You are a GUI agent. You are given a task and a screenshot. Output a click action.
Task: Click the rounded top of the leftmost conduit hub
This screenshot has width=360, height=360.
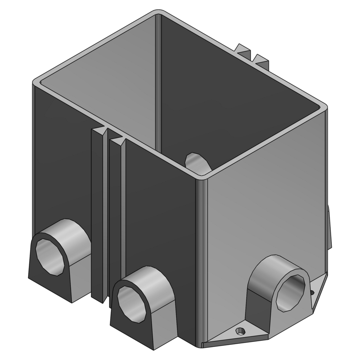[67, 230]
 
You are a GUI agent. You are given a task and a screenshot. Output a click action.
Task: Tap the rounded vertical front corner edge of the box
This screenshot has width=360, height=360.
[202, 259]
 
